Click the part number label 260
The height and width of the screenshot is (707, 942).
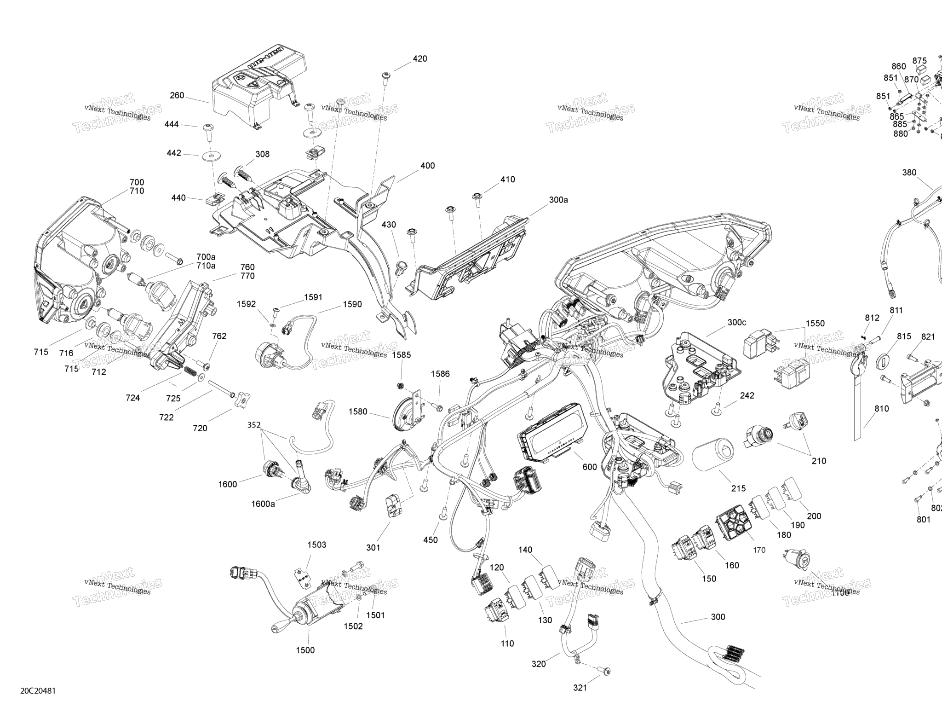177,96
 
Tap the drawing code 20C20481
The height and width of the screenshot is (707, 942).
38,691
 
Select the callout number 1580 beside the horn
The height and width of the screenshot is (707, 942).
358,411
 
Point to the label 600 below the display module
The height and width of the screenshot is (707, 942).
590,467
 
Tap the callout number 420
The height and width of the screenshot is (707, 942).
419,59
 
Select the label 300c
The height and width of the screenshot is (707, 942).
737,323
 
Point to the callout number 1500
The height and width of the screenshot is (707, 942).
305,650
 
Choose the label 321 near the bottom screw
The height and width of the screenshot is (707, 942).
580,688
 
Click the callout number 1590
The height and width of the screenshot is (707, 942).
352,304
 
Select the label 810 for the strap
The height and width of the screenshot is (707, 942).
881,409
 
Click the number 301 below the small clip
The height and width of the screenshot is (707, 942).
373,548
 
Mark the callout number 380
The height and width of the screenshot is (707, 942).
909,173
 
